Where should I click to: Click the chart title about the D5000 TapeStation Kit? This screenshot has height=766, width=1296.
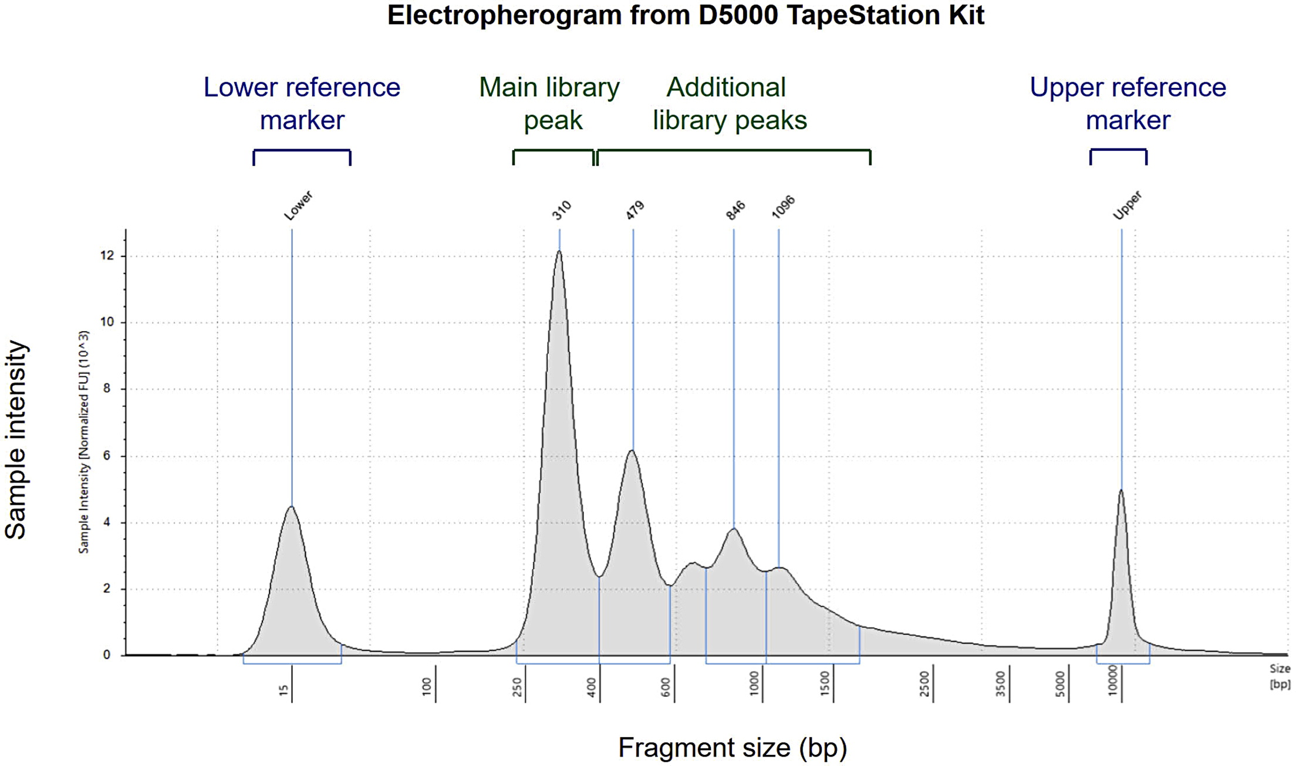tap(685, 15)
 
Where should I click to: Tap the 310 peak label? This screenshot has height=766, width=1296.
tap(562, 210)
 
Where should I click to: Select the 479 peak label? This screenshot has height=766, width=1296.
tap(635, 210)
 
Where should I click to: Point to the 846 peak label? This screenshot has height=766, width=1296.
tap(735, 210)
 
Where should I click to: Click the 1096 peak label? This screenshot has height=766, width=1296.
tap(783, 207)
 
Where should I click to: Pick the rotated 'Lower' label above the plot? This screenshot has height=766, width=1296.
tap(298, 206)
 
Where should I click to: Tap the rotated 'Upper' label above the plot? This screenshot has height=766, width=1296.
tap(1128, 205)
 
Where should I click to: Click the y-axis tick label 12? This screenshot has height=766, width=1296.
tap(107, 255)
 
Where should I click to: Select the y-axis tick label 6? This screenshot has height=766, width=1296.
tap(107, 456)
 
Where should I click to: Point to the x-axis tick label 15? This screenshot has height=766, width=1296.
tap(284, 690)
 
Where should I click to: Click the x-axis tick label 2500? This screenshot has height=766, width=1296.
tap(924, 684)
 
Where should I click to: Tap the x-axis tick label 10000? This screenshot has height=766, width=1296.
tap(1112, 681)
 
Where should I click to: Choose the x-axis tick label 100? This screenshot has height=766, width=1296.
tap(427, 686)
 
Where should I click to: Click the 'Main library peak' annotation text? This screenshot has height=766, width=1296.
tap(549, 104)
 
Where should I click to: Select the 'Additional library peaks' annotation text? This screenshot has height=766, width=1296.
tap(730, 104)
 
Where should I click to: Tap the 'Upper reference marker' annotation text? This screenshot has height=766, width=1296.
tap(1128, 104)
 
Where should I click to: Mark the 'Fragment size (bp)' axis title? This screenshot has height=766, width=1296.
tap(733, 748)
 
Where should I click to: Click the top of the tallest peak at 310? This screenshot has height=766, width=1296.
tap(559, 252)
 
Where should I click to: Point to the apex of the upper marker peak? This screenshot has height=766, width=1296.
tap(1121, 491)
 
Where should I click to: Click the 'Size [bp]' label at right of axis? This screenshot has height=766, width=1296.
tap(1280, 676)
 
